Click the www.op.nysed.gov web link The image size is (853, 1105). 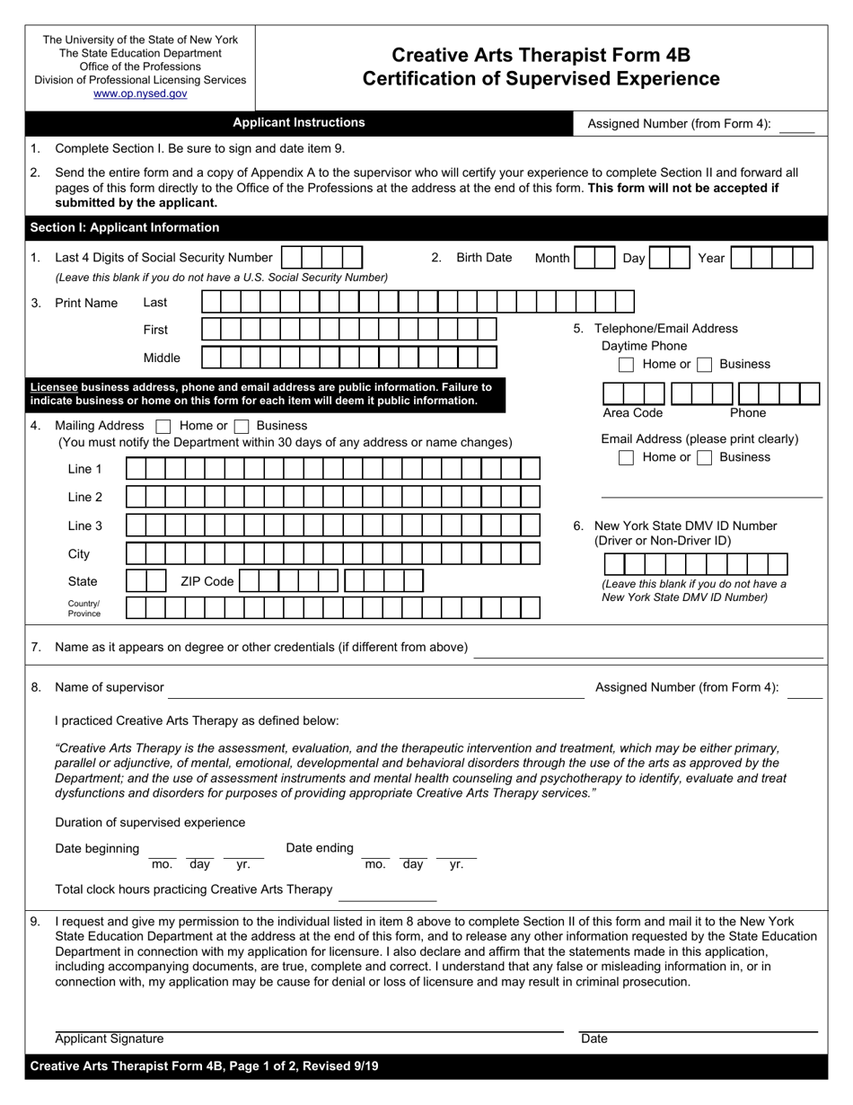pyautogui.click(x=140, y=93)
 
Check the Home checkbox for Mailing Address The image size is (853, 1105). pyautogui.click(x=163, y=426)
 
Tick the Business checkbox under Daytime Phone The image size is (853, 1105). pyautogui.click(x=705, y=365)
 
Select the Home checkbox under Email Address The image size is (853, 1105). pyautogui.click(x=627, y=457)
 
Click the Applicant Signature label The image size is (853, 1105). pyautogui.click(x=110, y=1039)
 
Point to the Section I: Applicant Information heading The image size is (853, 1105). pyautogui.click(x=125, y=227)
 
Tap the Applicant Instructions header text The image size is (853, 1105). pyautogui.click(x=299, y=123)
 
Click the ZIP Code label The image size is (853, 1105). pyautogui.click(x=207, y=581)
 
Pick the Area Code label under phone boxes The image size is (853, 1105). pyautogui.click(x=632, y=413)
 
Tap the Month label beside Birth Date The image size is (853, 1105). pyautogui.click(x=552, y=259)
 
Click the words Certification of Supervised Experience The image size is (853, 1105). pyautogui.click(x=541, y=79)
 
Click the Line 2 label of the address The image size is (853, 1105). pyautogui.click(x=85, y=497)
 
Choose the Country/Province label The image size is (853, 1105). pyautogui.click(x=84, y=608)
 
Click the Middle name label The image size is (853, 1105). pyautogui.click(x=162, y=358)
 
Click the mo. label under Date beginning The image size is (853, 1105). pyautogui.click(x=162, y=864)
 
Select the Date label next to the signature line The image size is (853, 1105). pyautogui.click(x=594, y=1039)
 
